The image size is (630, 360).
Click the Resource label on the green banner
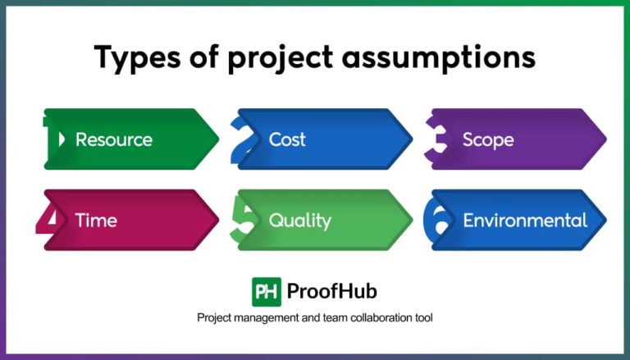point(114,139)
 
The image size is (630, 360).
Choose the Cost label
point(287,139)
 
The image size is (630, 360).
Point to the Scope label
point(488,139)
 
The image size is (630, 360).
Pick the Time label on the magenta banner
point(96,220)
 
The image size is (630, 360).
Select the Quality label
point(299,220)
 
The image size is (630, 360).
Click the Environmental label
point(525,220)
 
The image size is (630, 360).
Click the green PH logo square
point(266,291)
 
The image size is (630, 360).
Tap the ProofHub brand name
point(332,291)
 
